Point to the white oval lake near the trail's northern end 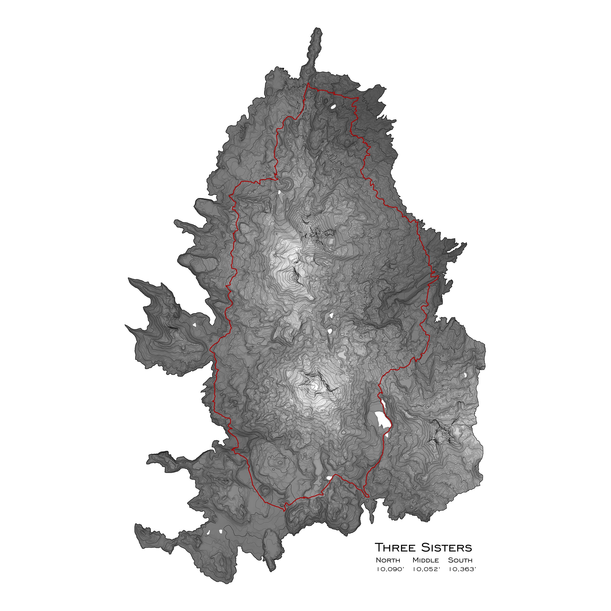coord(333,107)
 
